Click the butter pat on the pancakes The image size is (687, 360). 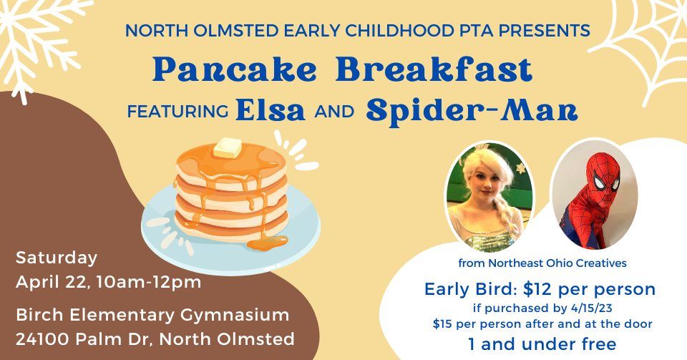click(228, 148)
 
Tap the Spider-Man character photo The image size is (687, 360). click(593, 194)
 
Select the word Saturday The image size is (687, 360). click(57, 258)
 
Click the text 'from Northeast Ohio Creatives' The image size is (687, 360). click(542, 263)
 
